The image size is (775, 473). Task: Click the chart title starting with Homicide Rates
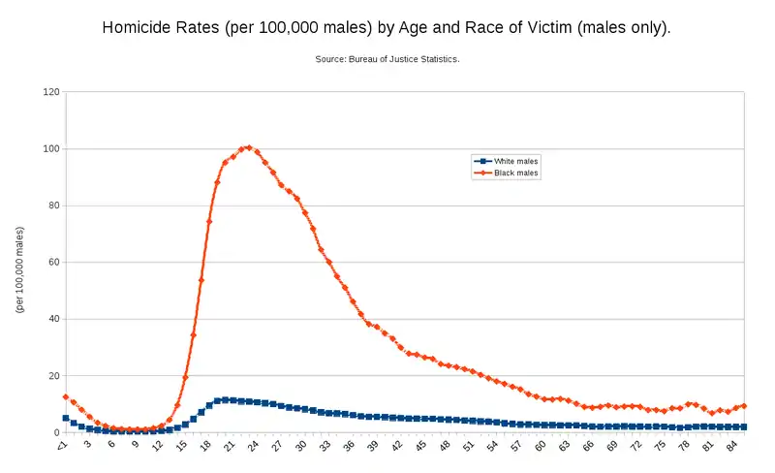[387, 28]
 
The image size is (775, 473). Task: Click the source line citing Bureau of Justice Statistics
[387, 60]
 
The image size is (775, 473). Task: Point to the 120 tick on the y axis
[51, 92]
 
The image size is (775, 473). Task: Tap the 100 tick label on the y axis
[51, 149]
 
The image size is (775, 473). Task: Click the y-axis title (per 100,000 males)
[19, 269]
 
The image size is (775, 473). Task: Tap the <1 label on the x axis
[62, 446]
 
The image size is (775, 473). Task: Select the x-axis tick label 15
[181, 446]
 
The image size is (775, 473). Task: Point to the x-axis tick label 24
[253, 446]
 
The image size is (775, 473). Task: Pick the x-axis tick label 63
[564, 446]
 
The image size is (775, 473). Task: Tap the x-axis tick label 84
[731, 446]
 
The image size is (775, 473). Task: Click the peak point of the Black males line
[249, 147]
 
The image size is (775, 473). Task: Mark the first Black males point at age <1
[66, 396]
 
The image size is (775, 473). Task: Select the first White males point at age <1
[66, 418]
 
